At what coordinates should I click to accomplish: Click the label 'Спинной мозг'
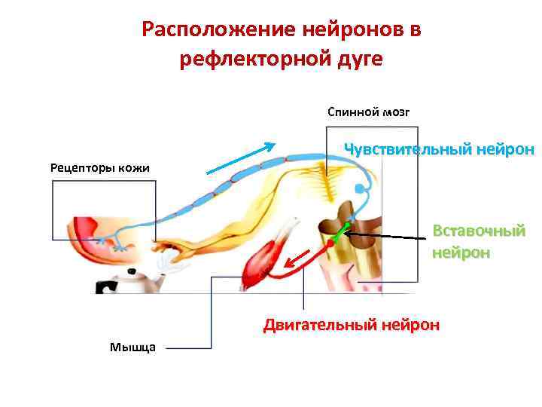coord(368,112)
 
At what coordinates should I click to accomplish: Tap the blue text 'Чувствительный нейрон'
coord(439,149)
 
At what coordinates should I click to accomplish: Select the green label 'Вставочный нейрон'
coord(478,241)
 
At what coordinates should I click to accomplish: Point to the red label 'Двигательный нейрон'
coord(351,326)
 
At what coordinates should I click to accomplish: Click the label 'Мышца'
coord(132,347)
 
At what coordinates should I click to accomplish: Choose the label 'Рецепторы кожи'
coord(100,167)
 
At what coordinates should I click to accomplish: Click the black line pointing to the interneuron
coord(391,237)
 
